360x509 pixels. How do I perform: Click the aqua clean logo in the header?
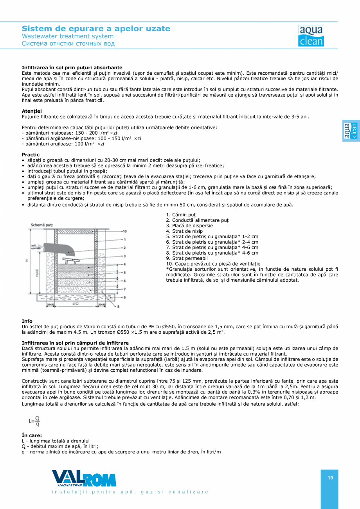(x=311, y=36)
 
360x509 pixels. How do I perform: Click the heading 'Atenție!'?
(x=32, y=111)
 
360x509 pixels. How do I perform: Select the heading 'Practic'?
(x=31, y=155)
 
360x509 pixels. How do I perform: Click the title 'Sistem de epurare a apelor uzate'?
(x=96, y=29)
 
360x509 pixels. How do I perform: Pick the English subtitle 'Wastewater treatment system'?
(x=67, y=36)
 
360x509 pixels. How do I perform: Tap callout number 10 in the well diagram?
(x=124, y=231)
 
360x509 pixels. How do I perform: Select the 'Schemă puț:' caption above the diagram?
(x=42, y=225)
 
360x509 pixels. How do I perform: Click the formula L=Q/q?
(x=34, y=421)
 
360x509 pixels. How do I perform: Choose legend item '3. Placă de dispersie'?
(x=189, y=226)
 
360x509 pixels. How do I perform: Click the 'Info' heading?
(x=27, y=321)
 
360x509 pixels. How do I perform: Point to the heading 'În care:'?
(x=32, y=435)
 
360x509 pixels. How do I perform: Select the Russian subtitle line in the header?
(x=68, y=43)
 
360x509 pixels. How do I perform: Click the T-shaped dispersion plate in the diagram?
(x=72, y=260)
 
